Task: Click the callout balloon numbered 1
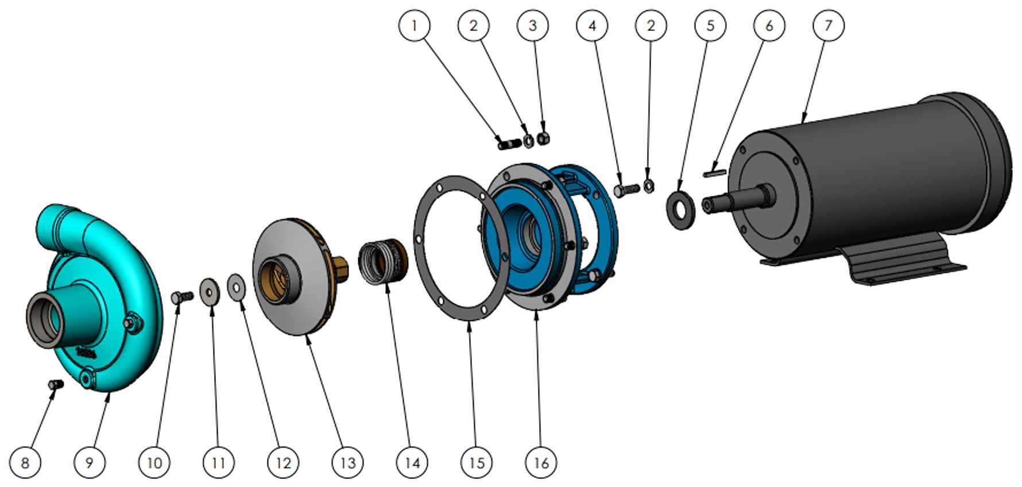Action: [x=414, y=25]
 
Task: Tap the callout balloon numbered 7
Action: [x=829, y=25]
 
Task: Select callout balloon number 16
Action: [x=541, y=462]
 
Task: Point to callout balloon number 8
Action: [x=25, y=462]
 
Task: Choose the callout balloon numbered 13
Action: [x=348, y=462]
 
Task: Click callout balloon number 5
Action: [x=710, y=25]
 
